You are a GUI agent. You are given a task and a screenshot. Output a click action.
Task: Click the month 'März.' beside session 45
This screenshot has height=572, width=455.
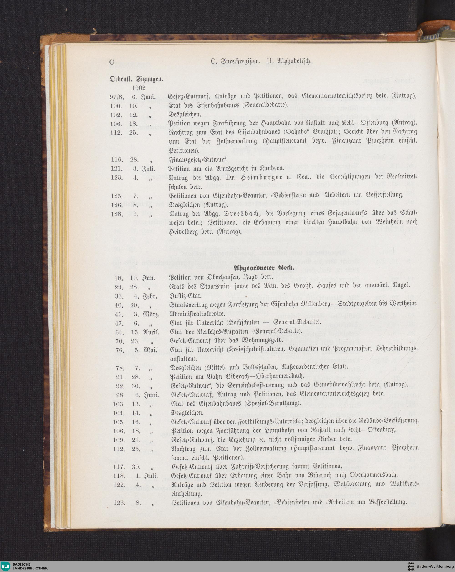pyautogui.click(x=151, y=314)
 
